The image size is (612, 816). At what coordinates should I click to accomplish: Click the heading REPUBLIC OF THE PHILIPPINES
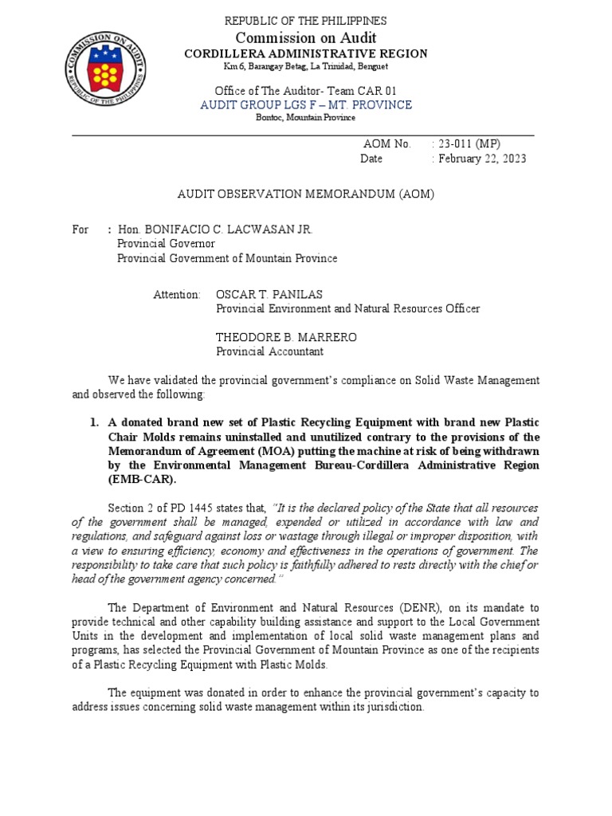pyautogui.click(x=305, y=21)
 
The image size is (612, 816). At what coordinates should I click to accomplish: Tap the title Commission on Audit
pyautogui.click(x=305, y=37)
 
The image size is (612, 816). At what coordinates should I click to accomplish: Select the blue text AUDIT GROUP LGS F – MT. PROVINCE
pyautogui.click(x=305, y=104)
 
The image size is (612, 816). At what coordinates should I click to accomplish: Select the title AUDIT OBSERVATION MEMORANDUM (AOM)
pyautogui.click(x=305, y=194)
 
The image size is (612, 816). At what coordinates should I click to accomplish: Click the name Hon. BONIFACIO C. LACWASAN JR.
pyautogui.click(x=215, y=229)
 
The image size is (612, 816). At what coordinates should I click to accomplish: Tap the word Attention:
pyautogui.click(x=177, y=295)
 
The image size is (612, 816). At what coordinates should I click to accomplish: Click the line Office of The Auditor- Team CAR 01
pyautogui.click(x=305, y=89)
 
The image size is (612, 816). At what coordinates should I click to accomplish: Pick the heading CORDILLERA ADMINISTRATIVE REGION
pyautogui.click(x=305, y=53)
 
